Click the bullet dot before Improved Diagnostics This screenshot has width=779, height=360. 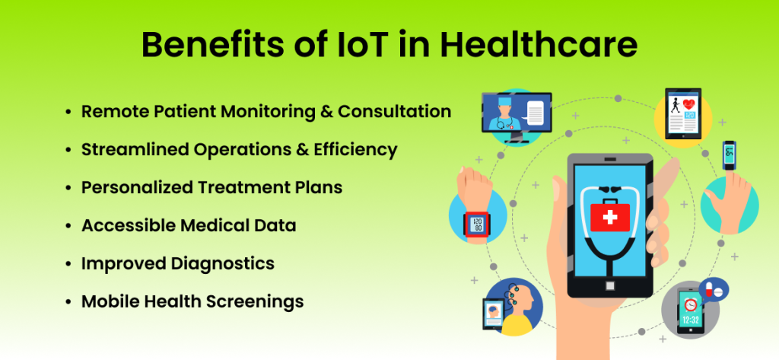69,264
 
